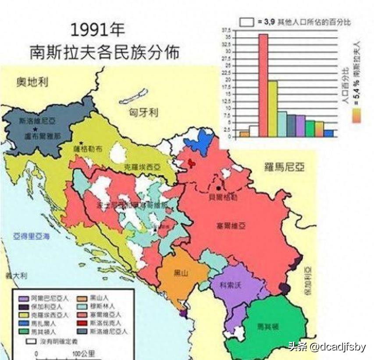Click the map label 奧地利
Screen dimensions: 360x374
[32, 82]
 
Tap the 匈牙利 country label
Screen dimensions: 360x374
[143, 112]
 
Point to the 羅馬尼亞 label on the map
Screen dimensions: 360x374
[285, 167]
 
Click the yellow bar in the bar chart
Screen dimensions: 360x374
[272, 108]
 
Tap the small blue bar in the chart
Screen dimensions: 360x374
[329, 133]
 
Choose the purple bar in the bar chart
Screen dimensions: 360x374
[300, 126]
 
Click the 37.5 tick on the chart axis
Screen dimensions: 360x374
[226, 30]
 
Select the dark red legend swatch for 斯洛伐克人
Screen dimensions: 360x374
[82, 324]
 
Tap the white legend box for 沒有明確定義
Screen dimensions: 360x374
[31, 340]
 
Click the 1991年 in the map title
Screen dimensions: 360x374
[98, 30]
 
